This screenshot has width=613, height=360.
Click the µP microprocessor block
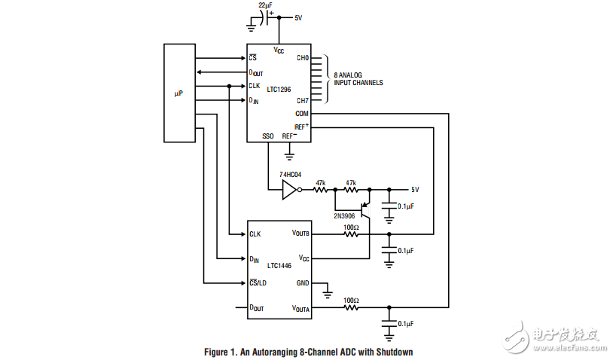click(178, 93)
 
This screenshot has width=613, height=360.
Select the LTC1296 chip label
click(279, 88)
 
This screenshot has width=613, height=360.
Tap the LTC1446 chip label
click(279, 266)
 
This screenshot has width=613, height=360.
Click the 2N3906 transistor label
click(345, 215)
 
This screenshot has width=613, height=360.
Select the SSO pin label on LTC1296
click(267, 136)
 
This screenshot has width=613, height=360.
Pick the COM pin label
click(302, 114)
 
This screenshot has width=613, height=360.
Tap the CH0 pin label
click(302, 58)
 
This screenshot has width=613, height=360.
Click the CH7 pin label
click(302, 100)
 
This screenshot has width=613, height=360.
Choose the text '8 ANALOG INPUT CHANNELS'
click(358, 78)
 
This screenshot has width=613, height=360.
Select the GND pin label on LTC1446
click(303, 283)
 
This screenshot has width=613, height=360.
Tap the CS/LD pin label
click(258, 282)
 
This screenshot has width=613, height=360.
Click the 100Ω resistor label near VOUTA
click(351, 301)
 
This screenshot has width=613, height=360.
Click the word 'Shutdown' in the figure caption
click(395, 352)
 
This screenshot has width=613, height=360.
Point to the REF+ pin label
click(301, 127)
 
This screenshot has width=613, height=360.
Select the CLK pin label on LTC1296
click(255, 86)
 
